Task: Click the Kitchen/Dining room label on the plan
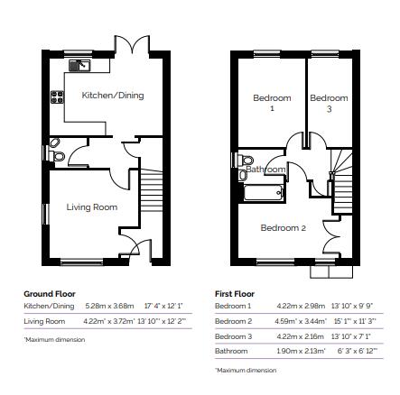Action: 113,95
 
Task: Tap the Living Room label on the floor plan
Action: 92,207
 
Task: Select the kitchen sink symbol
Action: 79,65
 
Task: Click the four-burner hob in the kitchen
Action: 56,97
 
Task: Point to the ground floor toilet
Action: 59,155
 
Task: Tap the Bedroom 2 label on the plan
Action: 283,228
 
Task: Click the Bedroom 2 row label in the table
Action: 233,321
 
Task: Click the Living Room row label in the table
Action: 44,321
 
